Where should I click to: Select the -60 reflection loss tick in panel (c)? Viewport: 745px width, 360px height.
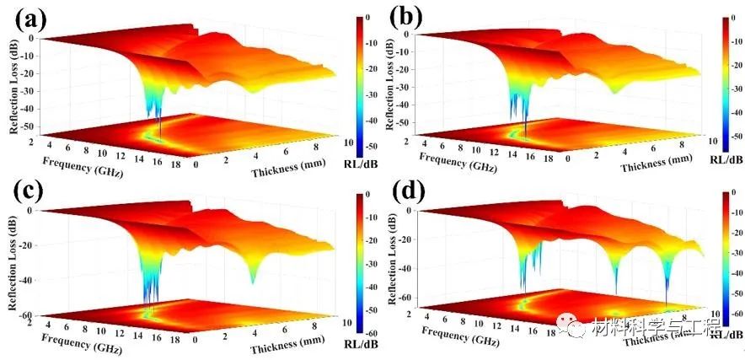25,315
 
